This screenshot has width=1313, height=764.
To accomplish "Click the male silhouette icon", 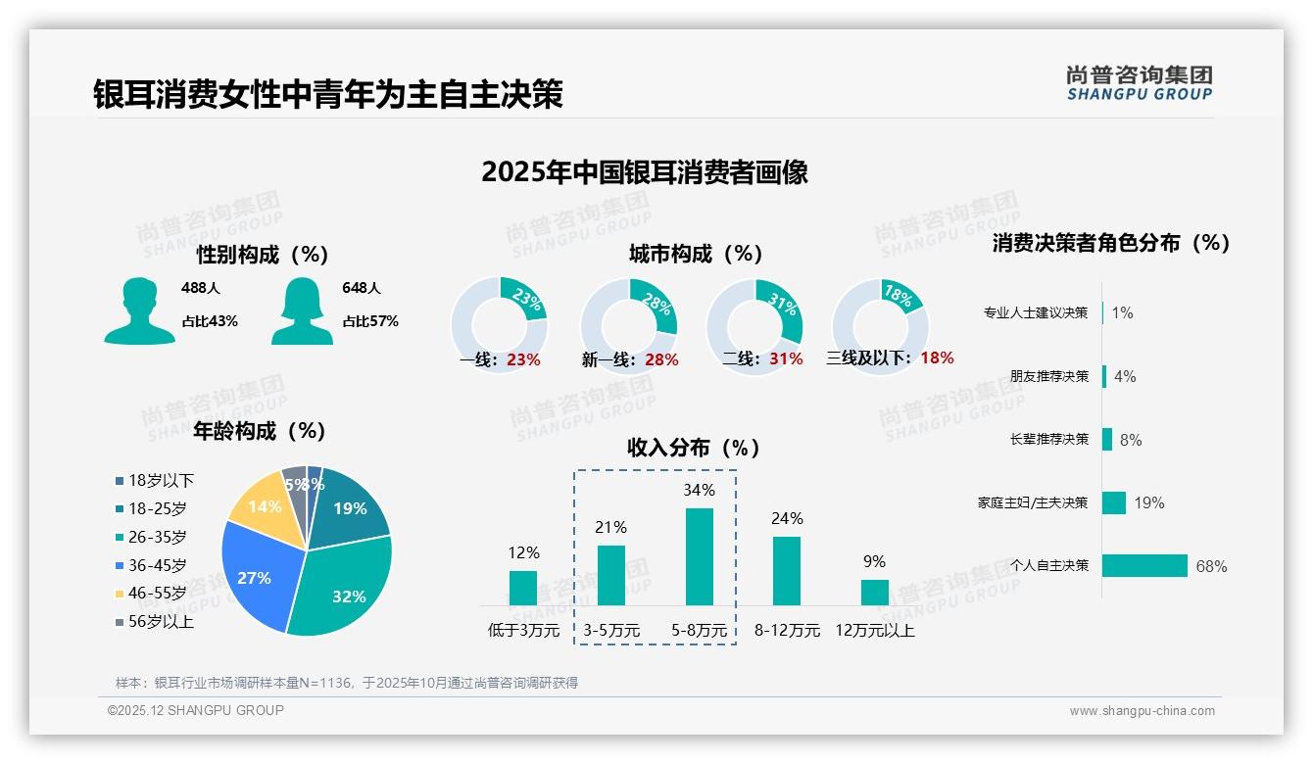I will point(139,311).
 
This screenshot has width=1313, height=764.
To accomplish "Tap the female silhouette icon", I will point(302,311).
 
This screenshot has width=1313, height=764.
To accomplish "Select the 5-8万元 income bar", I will point(699,555).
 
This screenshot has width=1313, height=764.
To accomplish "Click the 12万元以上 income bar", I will point(874,592).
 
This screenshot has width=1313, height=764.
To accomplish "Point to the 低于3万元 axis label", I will point(523,631).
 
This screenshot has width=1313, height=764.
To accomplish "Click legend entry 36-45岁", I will point(157,565).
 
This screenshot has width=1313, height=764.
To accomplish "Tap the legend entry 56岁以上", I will point(161,622).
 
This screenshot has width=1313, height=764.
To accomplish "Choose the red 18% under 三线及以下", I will point(937,358).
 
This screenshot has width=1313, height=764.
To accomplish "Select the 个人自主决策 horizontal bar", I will point(1144,565).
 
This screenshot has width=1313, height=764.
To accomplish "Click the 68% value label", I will point(1211,566).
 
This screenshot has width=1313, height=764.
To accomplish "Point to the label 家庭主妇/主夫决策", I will point(1033,502).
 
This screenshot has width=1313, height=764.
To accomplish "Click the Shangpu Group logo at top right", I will point(1139,82).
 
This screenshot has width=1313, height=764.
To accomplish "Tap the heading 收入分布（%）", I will point(694,448).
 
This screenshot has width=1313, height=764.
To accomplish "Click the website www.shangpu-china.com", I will point(1142,711).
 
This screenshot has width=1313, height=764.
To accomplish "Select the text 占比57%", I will point(370,321).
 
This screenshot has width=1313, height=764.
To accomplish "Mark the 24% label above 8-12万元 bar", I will point(787,518).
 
